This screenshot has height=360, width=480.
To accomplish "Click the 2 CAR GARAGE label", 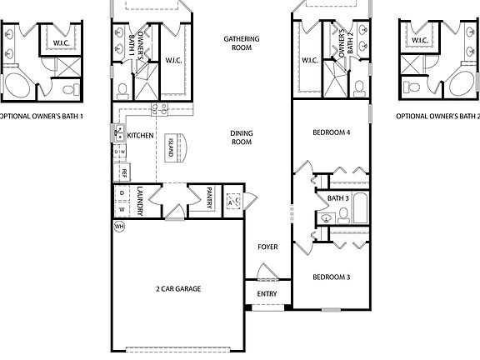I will pos(179,289).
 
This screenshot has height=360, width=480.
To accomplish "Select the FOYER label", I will pos(267,247).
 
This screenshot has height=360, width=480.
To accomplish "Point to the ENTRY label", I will pos(267,294).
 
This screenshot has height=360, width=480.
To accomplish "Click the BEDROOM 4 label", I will pos(332,133).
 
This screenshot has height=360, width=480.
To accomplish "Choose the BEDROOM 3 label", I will pos(332,277).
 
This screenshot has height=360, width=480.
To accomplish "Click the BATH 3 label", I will pos(337,198).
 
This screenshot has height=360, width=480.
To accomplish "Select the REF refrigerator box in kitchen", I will pos(123,173).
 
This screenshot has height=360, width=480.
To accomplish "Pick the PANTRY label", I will pos(208,199).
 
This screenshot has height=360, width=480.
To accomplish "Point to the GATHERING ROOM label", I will pos(242,43).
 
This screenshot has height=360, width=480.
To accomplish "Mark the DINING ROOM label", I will pos(242,137).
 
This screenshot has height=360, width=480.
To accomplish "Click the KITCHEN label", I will pos(140,135).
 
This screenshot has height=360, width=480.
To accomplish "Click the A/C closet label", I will pos(233,200).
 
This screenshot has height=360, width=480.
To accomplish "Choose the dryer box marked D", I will pos(122,193).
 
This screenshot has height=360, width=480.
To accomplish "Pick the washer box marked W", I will pos(122,208).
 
